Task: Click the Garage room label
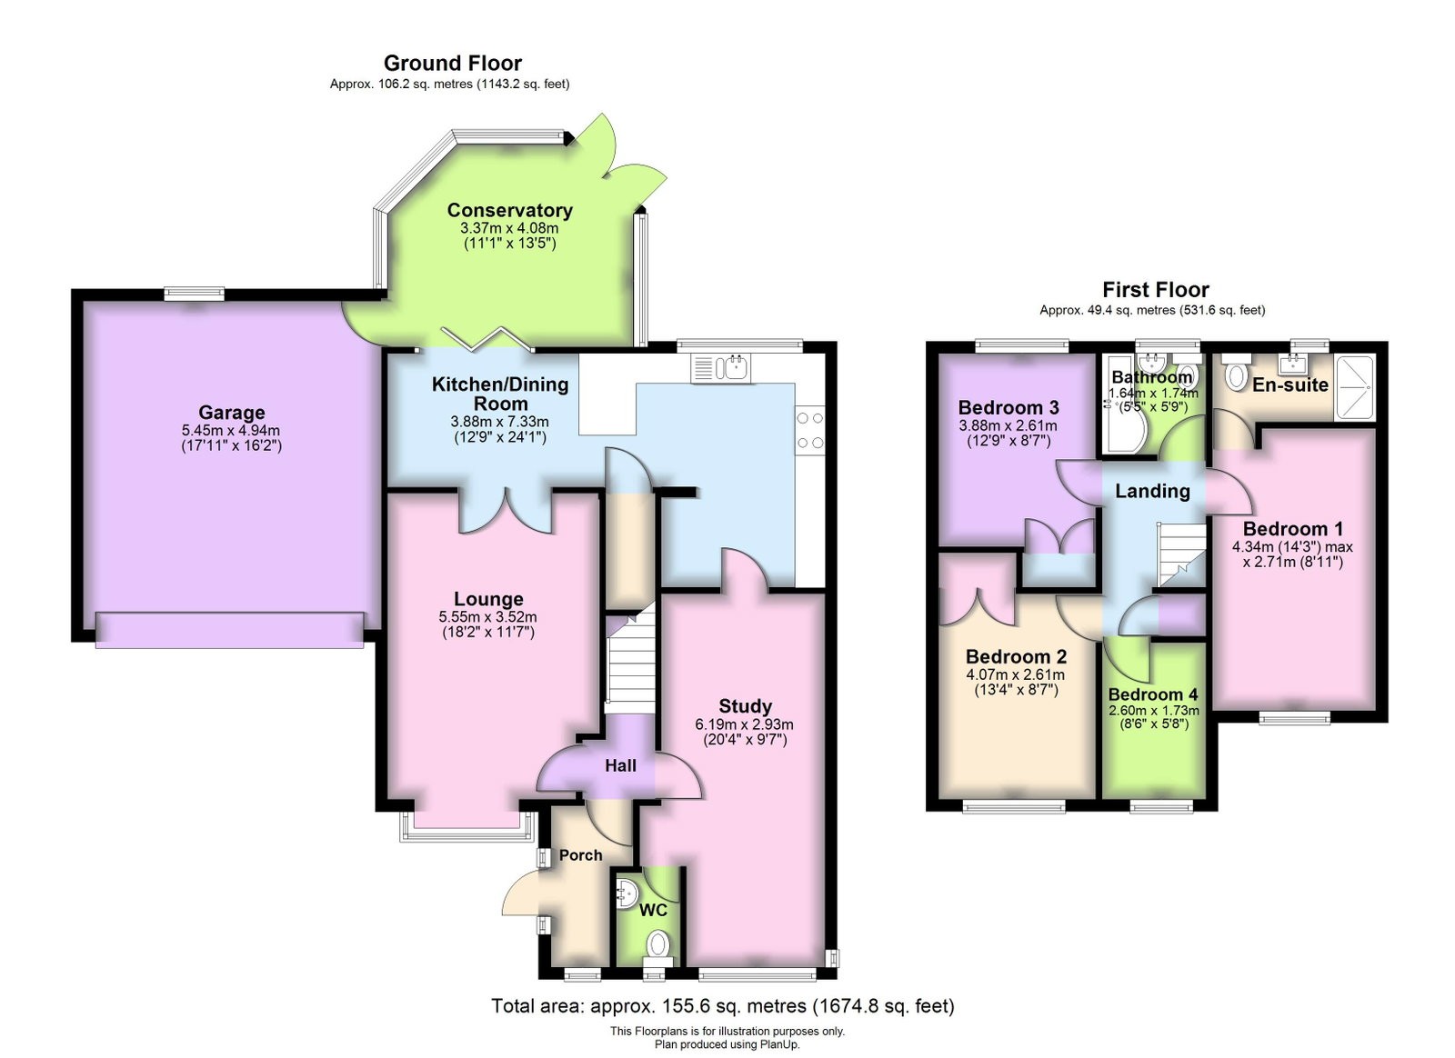232,412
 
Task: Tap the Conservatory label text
510,210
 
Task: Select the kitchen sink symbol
721,368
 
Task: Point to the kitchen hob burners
810,430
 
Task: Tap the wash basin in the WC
627,893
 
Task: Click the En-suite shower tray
1354,386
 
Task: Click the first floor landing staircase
1181,555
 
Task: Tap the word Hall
620,766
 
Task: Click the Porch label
581,855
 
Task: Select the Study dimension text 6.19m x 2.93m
745,724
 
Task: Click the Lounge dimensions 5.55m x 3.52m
487,616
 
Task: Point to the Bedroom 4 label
1153,694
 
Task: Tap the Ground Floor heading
453,63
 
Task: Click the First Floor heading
1156,289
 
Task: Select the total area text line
723,1006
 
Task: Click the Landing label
1152,492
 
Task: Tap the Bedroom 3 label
1008,407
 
